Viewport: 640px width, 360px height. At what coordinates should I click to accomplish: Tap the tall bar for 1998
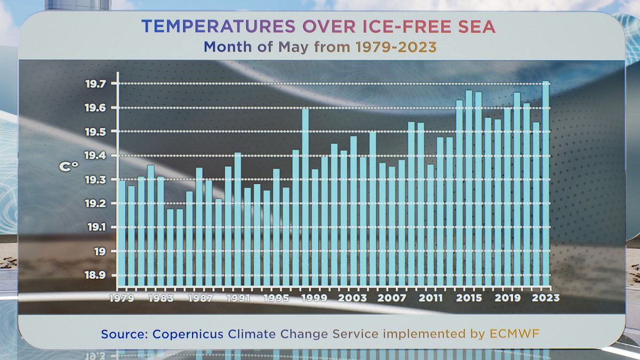point(306,197)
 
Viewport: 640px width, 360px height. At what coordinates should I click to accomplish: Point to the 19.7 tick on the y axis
point(95,84)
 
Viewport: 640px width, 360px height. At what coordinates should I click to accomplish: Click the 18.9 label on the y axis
point(95,275)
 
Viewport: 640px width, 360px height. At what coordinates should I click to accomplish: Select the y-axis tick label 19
point(99,251)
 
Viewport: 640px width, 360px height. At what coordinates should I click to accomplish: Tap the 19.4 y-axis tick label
point(95,155)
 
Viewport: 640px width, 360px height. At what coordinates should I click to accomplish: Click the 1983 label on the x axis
point(161,298)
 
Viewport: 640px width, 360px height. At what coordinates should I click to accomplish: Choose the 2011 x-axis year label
point(430,298)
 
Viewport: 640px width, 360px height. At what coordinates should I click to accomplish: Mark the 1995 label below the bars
point(276,298)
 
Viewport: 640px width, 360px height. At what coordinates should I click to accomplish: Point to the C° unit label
point(68,167)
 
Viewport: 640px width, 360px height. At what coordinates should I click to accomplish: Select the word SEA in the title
point(479,26)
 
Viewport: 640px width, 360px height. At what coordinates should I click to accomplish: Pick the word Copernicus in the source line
point(186,334)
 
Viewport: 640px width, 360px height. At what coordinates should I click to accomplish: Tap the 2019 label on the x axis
point(507,298)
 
